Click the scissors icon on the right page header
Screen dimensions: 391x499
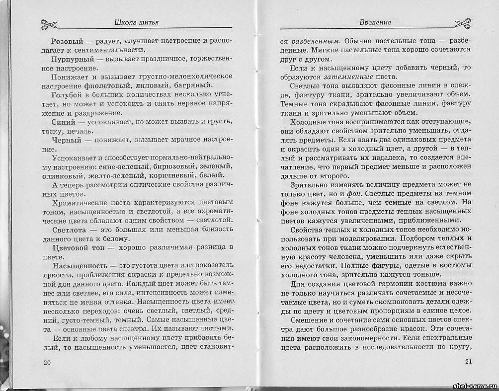pyautogui.click(x=462, y=23)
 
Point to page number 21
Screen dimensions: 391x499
pyautogui.click(x=468, y=361)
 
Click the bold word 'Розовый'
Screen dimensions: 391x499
pyautogui.click(x=66, y=40)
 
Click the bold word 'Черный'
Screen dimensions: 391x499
pyautogui.click(x=65, y=140)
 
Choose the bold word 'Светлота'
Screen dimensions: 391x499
pyautogui.click(x=69, y=230)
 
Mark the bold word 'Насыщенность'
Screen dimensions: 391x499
pyautogui.click(x=79, y=266)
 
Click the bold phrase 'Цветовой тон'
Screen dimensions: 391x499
pyautogui.click(x=77, y=248)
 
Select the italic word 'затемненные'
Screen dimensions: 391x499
pyautogui.click(x=347, y=77)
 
